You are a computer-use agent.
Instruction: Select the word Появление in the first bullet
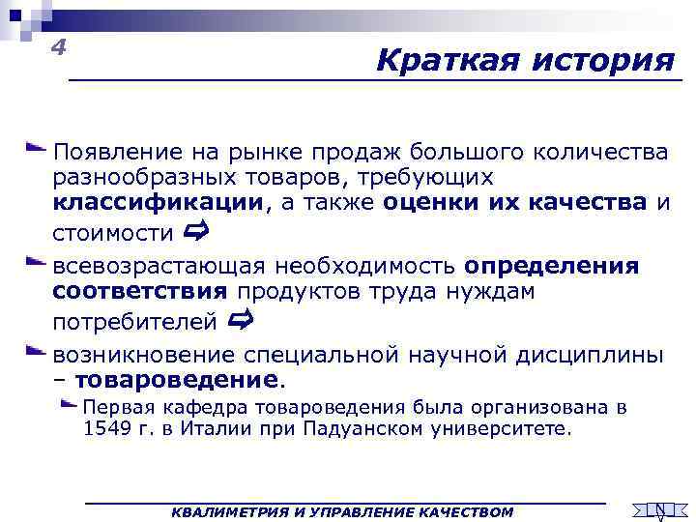[115, 153]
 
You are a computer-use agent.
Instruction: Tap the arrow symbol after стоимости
[195, 232]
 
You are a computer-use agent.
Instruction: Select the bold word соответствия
[141, 291]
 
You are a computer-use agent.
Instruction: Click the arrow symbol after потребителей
[242, 320]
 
